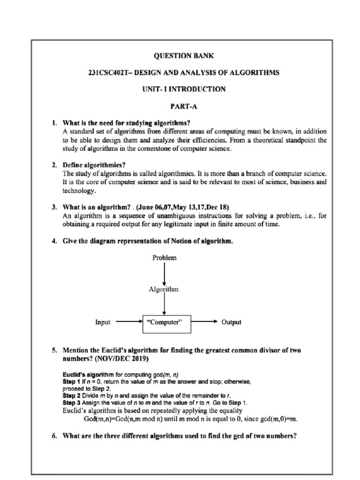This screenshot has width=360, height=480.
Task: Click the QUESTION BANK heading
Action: click(184, 56)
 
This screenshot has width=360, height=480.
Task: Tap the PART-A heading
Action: click(184, 106)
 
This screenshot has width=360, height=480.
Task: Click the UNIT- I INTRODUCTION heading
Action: click(184, 89)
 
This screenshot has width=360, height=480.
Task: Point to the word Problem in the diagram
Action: click(165, 258)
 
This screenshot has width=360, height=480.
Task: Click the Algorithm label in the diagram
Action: click(164, 289)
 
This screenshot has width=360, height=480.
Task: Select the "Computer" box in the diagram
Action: click(164, 322)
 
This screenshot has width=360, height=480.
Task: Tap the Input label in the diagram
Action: click(103, 322)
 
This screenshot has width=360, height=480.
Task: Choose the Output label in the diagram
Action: click(231, 322)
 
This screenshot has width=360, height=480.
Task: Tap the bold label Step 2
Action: click(71, 396)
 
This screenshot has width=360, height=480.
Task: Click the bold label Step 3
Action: click(71, 402)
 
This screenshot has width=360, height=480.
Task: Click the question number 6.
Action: click(54, 435)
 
